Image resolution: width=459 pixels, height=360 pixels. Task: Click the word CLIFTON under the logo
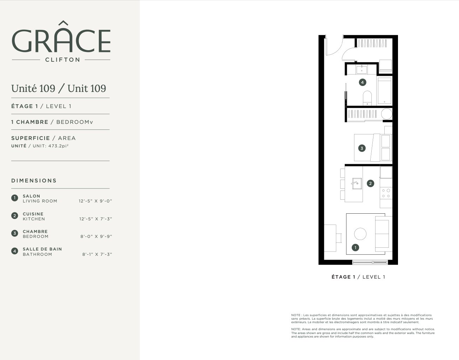click(63, 60)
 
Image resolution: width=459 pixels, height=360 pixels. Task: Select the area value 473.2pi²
click(58, 146)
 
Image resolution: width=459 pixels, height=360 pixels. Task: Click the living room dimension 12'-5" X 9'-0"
click(95, 201)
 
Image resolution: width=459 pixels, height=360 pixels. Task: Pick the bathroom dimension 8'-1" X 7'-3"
click(97, 254)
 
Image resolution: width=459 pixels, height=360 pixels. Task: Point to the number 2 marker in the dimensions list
click(15, 216)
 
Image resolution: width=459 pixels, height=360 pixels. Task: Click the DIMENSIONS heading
click(34, 181)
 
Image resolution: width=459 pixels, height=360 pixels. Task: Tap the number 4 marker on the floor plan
click(363, 82)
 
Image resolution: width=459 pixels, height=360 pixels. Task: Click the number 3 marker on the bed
click(362, 148)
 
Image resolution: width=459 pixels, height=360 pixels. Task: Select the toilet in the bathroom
click(367, 98)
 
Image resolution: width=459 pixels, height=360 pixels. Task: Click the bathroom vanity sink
click(362, 69)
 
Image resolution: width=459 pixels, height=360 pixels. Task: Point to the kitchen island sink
click(357, 184)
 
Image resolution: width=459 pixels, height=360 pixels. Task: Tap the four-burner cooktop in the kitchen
click(386, 193)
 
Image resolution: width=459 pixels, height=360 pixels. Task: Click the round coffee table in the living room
click(360, 234)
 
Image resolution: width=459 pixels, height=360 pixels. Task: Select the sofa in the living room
click(384, 234)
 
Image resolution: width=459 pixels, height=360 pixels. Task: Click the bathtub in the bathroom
click(384, 91)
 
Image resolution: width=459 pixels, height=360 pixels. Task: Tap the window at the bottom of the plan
click(370, 262)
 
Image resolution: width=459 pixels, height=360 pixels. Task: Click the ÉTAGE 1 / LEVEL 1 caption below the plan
click(358, 277)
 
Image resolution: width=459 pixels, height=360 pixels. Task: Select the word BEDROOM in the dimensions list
click(35, 236)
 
